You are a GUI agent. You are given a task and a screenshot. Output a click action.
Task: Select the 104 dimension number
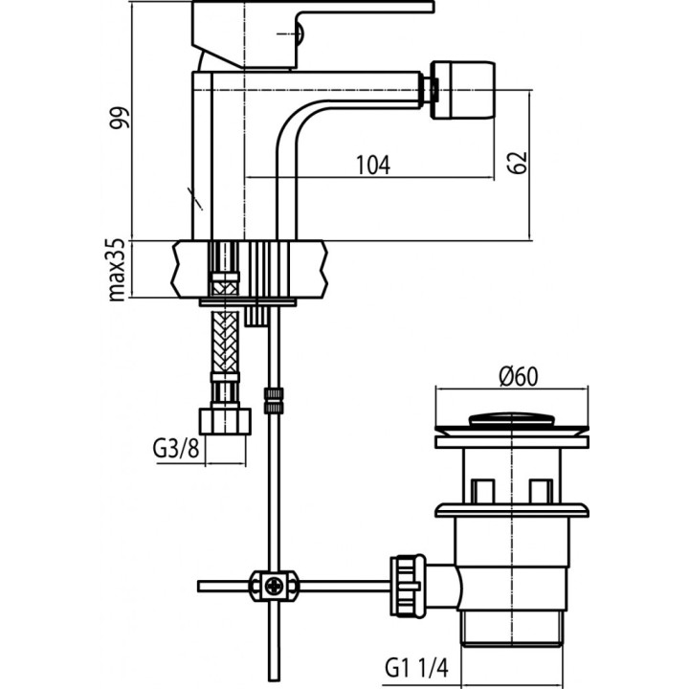click(372, 165)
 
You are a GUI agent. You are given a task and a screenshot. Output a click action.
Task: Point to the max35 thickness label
click(119, 270)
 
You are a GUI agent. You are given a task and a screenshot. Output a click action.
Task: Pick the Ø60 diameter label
click(518, 376)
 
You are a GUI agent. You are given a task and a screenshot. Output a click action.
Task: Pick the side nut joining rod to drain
click(405, 583)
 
